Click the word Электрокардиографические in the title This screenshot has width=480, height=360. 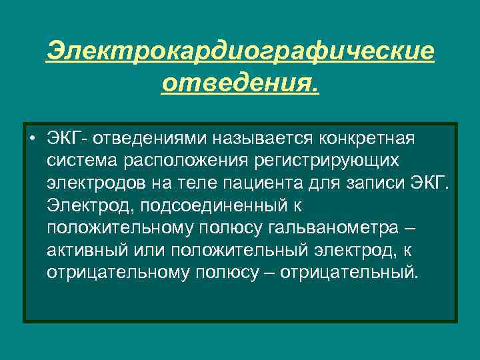point(240,51)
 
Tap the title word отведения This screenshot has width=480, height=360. point(240,85)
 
